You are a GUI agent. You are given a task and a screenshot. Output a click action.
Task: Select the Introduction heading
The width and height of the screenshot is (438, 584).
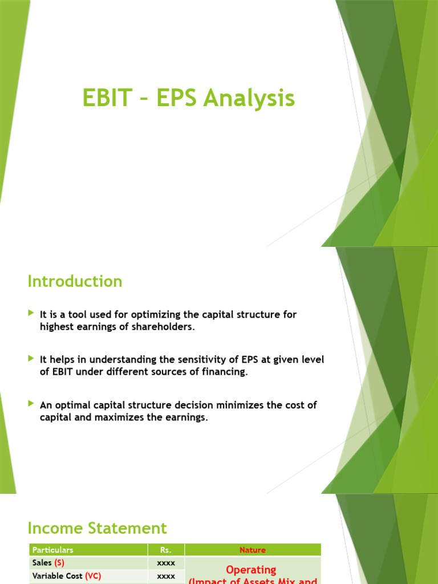coord(75,281)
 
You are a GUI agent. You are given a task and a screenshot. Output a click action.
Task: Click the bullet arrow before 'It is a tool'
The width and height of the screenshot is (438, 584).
coord(31,314)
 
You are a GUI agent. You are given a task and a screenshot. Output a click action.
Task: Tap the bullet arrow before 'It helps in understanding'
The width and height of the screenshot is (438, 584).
coord(31,359)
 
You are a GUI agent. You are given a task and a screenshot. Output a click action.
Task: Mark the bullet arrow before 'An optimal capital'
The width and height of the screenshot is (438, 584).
coord(31,404)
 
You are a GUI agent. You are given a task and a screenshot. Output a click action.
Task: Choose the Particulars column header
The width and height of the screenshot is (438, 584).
coord(53,550)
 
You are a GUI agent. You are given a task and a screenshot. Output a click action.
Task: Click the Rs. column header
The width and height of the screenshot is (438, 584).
coord(166,550)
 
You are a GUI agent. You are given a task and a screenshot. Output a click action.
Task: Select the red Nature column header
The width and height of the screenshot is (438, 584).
coord(253,550)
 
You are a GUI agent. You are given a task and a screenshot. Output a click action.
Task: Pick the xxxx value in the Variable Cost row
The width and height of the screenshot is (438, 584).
coord(166,576)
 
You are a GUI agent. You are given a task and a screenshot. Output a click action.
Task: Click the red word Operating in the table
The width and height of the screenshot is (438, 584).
coord(251,569)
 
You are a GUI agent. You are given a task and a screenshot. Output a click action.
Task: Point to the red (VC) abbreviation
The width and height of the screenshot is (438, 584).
coord(93,576)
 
